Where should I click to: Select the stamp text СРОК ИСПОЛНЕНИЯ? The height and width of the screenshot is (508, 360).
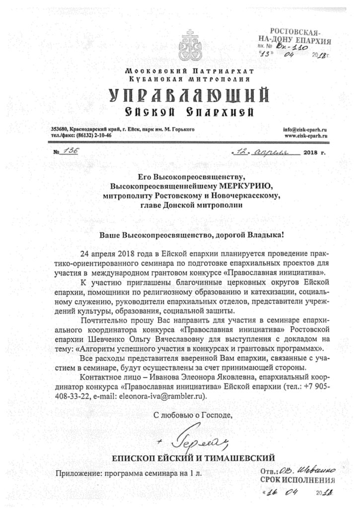(x=297, y=480)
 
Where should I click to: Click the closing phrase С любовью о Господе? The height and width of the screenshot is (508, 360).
(x=191, y=415)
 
